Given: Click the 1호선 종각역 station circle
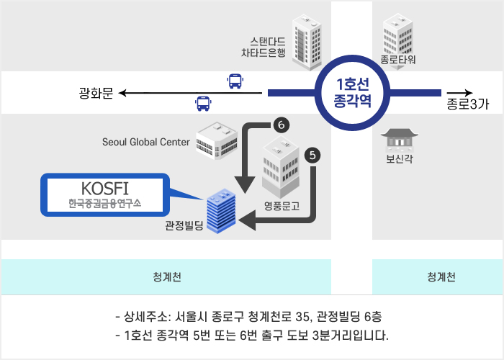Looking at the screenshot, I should click(353, 92).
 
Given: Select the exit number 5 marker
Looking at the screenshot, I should click(312, 154).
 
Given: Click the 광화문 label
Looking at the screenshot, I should click(96, 93).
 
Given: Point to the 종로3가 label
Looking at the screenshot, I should click(467, 104).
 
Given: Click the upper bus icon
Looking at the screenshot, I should click(235, 81).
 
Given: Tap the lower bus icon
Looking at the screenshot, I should click(203, 104).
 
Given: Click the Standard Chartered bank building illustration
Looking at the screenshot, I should click(307, 42).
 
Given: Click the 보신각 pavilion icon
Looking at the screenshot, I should click(397, 140).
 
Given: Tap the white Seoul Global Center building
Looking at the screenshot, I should click(217, 140).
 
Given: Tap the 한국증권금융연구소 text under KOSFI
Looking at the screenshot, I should click(104, 204).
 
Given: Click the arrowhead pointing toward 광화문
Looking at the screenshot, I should click(122, 93).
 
